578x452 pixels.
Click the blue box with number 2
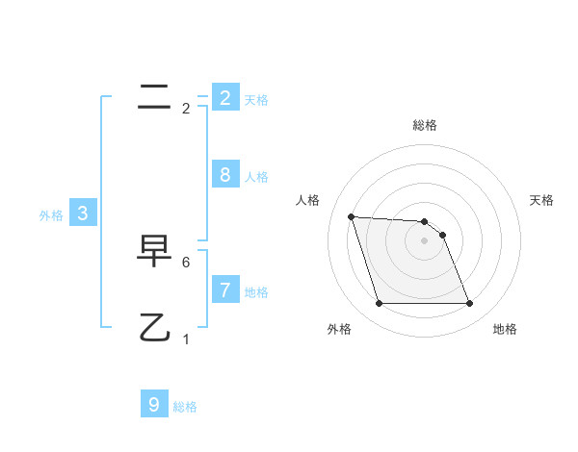coord(224,97)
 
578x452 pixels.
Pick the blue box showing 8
coord(224,174)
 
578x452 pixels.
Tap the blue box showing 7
coord(224,289)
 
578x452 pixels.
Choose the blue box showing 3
coord(82,213)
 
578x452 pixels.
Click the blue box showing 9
coord(154,405)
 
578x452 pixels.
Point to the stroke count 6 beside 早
coord(186,262)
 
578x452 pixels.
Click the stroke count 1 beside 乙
coord(186,339)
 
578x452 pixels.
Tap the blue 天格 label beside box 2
coord(256,100)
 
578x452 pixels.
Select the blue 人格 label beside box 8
coord(256,177)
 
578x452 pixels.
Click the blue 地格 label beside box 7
coord(256,292)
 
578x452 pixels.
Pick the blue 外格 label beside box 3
coord(51,216)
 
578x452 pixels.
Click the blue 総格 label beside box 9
coord(185,408)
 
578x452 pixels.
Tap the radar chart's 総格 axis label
coord(425,125)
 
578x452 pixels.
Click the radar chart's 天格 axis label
coord(541,200)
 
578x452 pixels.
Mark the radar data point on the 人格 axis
coord(351,216)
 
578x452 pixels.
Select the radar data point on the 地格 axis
coord(469,304)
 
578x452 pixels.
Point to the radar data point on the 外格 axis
coord(379,304)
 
